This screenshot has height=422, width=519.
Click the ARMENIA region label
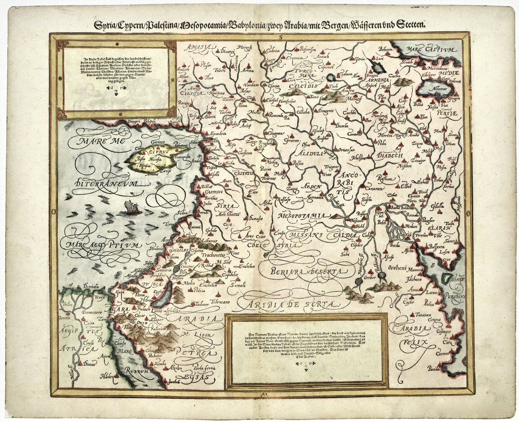coord(379,80)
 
